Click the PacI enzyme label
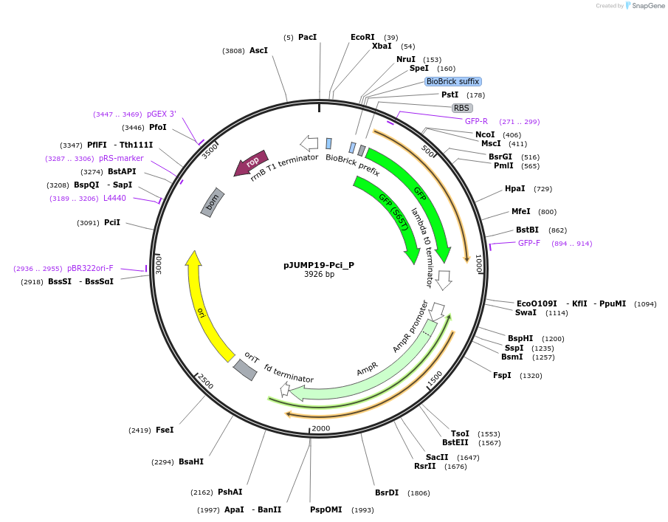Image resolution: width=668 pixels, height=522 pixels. (308, 37)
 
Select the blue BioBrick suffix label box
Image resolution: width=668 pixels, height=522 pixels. (452, 81)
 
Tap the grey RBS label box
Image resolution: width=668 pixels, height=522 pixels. (462, 108)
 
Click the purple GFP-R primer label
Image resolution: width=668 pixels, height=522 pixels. (476, 121)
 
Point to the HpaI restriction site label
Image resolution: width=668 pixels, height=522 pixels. (515, 189)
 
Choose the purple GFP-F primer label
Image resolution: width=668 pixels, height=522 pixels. (529, 243)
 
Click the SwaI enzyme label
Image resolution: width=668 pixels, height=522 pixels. (526, 312)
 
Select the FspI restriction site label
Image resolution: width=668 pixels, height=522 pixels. (503, 375)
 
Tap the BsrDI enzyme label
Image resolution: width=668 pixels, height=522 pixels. (387, 492)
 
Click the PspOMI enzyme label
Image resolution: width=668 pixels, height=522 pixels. (326, 509)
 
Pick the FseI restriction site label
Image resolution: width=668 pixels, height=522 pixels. (165, 430)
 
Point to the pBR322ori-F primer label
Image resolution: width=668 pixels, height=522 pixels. (90, 269)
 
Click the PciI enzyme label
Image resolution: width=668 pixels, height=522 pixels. (112, 222)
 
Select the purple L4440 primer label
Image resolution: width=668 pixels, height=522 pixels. (114, 198)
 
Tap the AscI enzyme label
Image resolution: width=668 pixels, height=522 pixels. (258, 51)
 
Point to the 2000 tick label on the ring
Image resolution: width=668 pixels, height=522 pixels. (320, 428)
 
